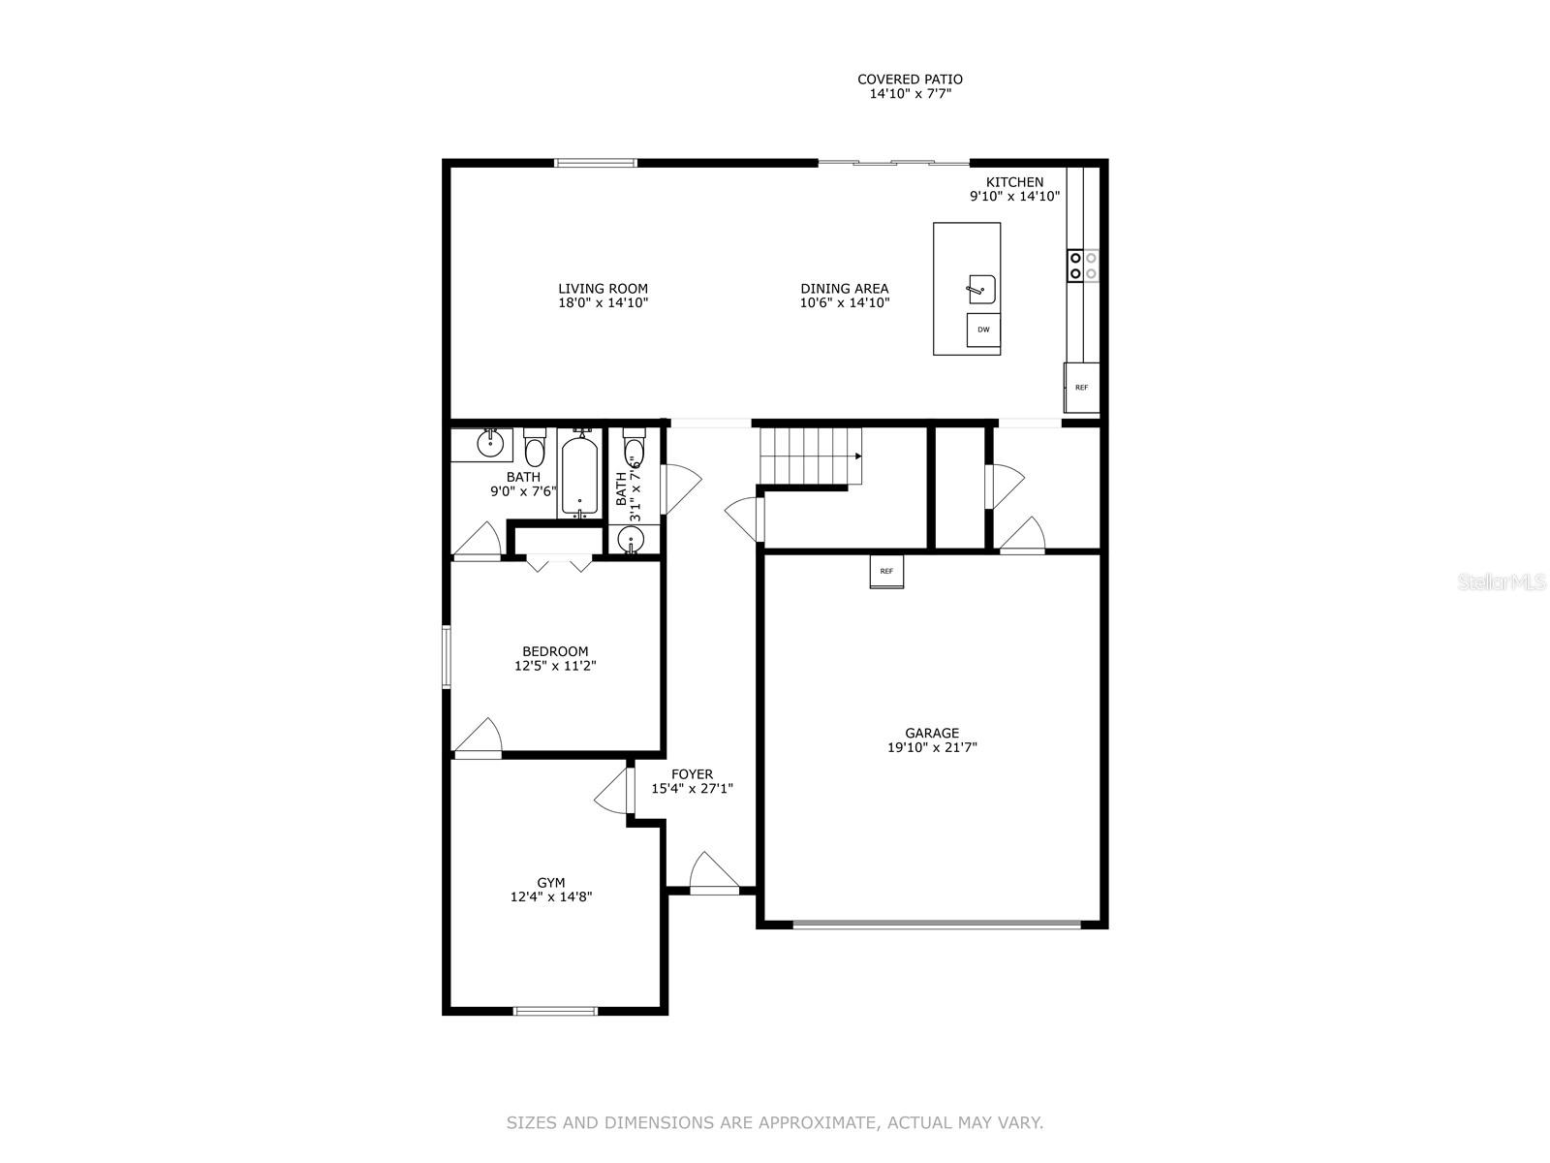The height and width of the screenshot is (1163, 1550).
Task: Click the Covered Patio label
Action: (910, 79)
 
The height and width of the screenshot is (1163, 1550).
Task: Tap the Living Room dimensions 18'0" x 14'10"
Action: (603, 303)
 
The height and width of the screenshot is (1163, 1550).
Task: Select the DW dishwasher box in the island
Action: (983, 330)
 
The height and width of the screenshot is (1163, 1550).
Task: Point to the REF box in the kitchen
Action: (1081, 388)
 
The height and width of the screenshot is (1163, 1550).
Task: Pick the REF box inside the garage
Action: (886, 572)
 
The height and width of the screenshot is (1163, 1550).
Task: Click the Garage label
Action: (932, 734)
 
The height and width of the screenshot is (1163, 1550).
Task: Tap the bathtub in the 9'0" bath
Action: (580, 475)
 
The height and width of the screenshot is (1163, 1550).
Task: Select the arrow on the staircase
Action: (857, 456)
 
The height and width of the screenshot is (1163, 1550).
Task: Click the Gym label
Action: (551, 883)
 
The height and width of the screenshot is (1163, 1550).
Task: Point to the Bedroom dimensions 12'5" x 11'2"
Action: (555, 666)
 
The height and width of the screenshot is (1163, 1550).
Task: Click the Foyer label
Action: (692, 774)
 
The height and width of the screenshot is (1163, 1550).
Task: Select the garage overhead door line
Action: (936, 925)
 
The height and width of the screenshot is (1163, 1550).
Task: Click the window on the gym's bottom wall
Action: (555, 1011)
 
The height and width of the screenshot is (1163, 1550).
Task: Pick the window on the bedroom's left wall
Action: (447, 657)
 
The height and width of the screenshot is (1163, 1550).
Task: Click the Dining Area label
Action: (844, 289)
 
